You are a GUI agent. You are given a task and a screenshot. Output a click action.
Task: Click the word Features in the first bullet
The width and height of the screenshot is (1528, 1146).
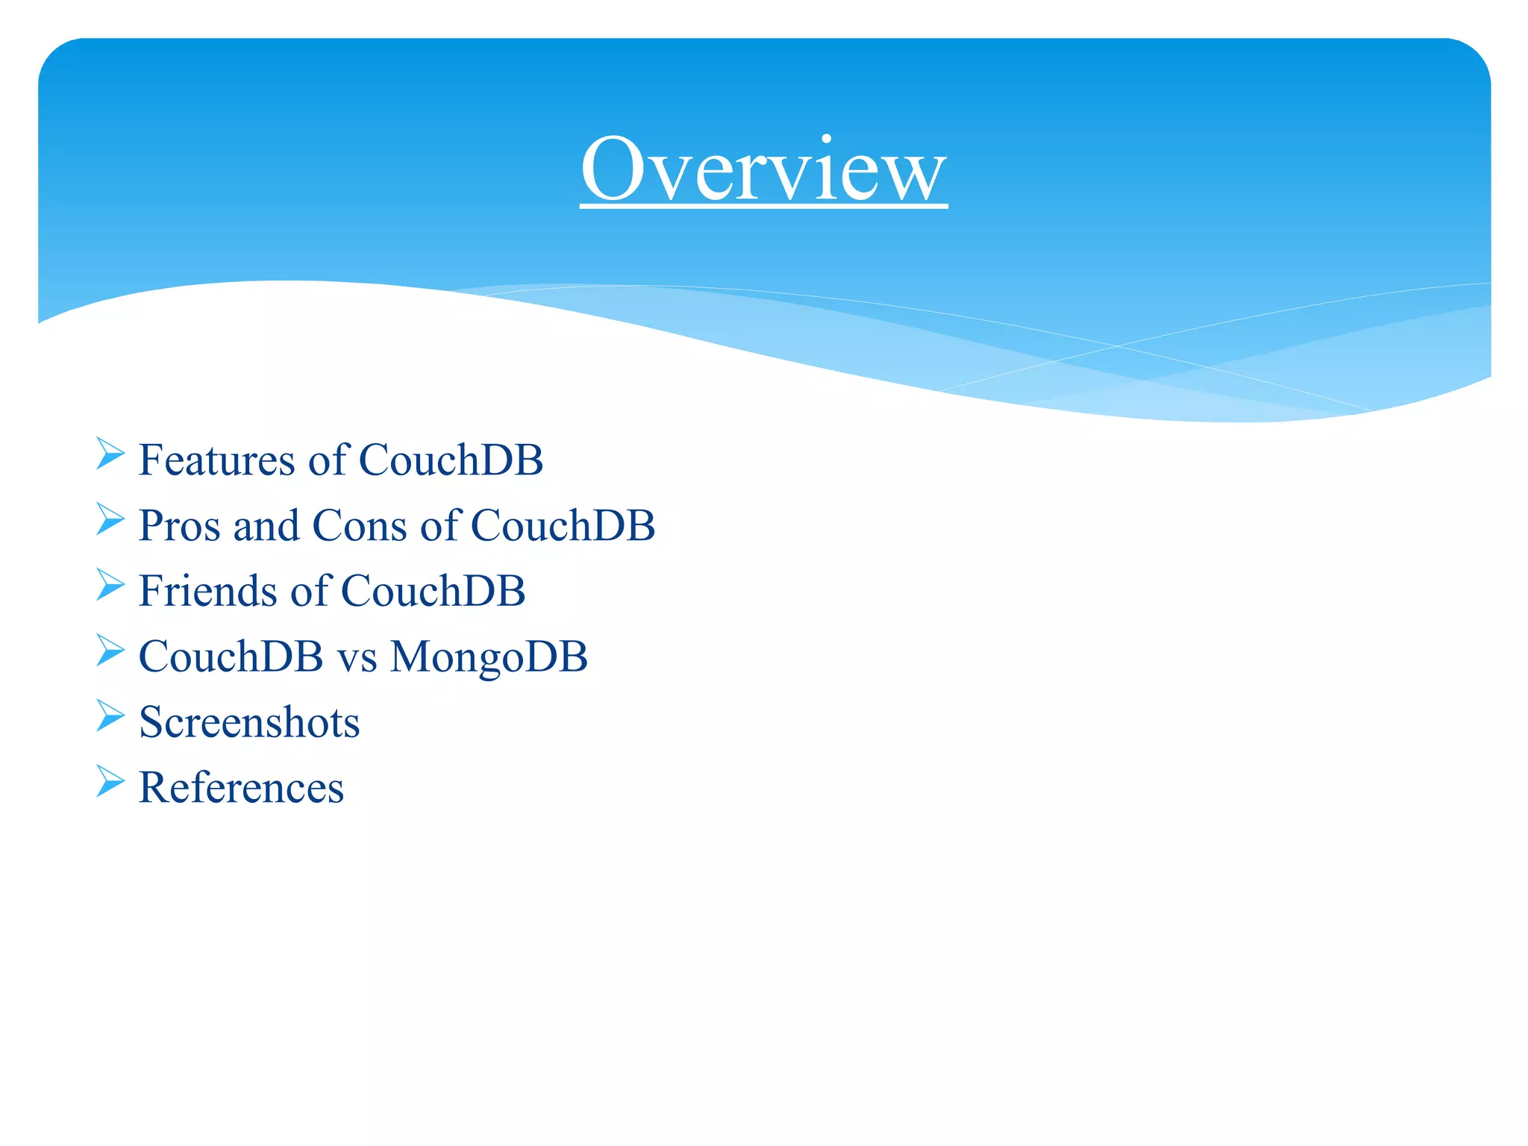(217, 460)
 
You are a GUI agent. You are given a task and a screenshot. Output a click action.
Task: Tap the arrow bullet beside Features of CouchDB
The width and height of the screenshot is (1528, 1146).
(110, 454)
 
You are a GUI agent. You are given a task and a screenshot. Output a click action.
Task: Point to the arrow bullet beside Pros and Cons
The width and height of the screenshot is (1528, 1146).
(110, 519)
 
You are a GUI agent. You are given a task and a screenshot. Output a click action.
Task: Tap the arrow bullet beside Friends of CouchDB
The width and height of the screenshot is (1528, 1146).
(110, 585)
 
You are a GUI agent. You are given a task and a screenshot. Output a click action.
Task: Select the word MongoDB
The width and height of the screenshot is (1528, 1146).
(489, 657)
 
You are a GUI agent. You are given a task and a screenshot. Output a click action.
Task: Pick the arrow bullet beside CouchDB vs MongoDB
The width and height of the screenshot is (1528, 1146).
(110, 651)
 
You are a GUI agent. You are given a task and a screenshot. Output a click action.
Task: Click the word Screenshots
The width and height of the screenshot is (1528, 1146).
(249, 723)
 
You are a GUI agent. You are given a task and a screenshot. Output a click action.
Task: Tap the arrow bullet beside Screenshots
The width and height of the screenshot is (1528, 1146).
(110, 716)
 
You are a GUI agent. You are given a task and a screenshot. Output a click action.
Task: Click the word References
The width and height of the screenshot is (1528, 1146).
(241, 789)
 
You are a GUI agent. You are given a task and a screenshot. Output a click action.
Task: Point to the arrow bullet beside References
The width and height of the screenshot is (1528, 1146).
(110, 782)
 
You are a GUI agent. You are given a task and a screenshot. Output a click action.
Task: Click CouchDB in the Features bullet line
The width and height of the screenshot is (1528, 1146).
(451, 460)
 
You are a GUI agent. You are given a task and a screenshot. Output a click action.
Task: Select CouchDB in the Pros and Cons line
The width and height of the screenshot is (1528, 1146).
(563, 526)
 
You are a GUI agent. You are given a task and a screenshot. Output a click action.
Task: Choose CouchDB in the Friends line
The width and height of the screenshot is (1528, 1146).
(433, 592)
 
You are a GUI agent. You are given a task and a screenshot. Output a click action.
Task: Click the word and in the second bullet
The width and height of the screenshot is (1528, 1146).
(266, 526)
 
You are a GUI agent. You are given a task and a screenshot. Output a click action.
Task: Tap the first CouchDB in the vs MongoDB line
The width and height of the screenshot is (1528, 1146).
(231, 657)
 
